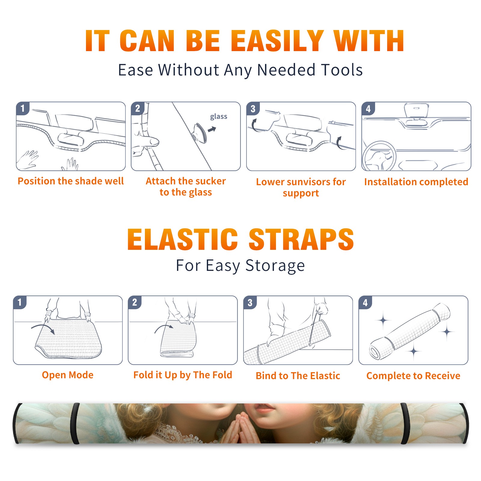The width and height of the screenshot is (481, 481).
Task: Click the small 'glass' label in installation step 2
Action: tap(219, 117)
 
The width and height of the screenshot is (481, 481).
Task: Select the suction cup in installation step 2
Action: tap(200, 133)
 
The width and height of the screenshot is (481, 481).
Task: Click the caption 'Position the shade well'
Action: tap(71, 181)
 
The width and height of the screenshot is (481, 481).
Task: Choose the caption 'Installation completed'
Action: tap(416, 182)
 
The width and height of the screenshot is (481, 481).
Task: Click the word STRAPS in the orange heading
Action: tap(301, 239)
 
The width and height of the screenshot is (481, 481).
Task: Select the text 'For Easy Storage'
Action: tap(240, 265)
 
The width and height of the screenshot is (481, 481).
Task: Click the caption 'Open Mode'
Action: tap(68, 375)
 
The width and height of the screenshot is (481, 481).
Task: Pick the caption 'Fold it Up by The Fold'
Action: tap(183, 375)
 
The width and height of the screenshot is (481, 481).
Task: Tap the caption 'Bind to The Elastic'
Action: tap(298, 376)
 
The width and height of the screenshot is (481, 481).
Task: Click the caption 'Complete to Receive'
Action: tap(413, 376)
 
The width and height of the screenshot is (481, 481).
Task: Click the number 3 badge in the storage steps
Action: tap(250, 302)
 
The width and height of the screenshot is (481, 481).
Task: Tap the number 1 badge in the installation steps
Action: tap(23, 108)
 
